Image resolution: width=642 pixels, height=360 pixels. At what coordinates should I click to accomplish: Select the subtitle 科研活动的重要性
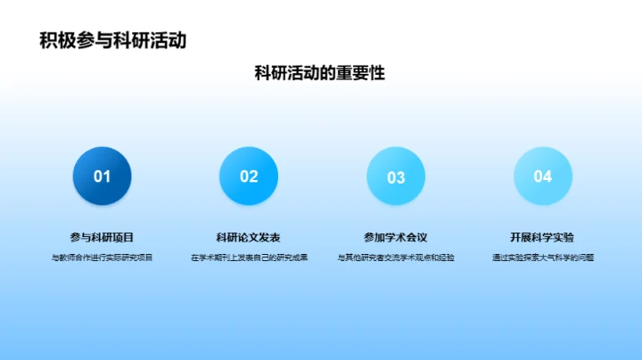(x=320, y=73)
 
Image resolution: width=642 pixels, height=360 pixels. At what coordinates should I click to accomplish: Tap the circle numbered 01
(x=103, y=176)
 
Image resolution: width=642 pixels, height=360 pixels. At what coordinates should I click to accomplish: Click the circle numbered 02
(x=249, y=176)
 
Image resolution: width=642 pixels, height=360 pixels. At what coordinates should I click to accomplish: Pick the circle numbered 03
(x=396, y=176)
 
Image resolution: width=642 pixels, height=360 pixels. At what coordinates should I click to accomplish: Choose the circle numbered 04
(x=542, y=176)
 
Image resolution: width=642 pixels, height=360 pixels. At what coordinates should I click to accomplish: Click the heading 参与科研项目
(x=103, y=237)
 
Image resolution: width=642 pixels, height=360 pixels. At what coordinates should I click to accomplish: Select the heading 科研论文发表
(x=249, y=237)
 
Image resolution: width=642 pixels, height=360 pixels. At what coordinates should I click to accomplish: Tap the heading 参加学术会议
(x=396, y=237)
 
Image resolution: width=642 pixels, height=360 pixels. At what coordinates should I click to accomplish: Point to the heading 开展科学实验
(x=542, y=237)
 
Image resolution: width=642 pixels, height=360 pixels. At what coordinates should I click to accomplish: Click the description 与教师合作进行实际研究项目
(x=103, y=258)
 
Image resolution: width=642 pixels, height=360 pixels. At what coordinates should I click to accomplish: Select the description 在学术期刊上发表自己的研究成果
(x=249, y=258)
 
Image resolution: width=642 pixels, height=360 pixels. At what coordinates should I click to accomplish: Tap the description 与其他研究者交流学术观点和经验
(x=396, y=258)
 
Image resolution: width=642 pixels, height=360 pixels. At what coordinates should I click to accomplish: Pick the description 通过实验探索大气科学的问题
(x=542, y=258)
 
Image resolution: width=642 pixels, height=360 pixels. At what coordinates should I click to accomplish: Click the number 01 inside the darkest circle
(x=103, y=176)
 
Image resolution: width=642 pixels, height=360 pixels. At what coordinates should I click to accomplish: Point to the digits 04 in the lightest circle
(x=542, y=176)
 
